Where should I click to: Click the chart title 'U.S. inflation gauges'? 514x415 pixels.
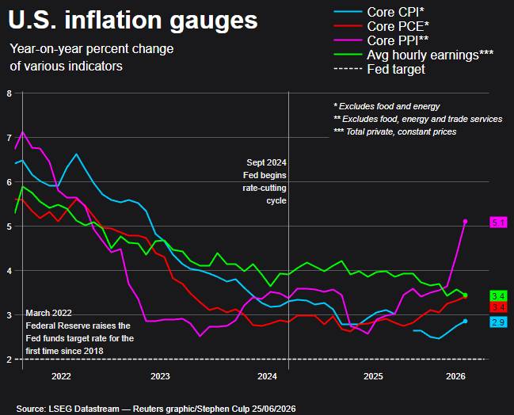tap(133, 21)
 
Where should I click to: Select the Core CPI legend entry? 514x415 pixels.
tap(379, 12)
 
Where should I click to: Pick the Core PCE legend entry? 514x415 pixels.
tap(382, 26)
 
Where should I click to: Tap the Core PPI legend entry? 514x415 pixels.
tap(381, 40)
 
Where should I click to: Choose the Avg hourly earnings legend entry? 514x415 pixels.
tap(413, 55)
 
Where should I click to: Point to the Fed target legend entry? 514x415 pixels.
tap(379, 69)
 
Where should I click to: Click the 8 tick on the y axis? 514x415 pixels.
tap(10, 93)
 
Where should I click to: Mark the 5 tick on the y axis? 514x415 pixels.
tap(10, 227)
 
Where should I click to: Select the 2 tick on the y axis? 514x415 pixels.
tap(10, 360)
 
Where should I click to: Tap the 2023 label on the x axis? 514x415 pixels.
tap(160, 376)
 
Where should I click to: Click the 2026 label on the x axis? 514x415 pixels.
tap(455, 376)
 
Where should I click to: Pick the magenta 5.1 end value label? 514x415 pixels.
tap(498, 223)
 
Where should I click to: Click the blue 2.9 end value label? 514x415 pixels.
tap(498, 322)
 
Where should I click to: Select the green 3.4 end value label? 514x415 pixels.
tap(498, 296)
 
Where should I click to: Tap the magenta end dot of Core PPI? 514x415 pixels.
tap(465, 222)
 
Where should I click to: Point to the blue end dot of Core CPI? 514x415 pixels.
tap(465, 322)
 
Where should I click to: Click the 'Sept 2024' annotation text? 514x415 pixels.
tap(267, 162)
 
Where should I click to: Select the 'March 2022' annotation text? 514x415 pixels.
tap(49, 313)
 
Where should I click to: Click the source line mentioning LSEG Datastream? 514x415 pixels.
tap(156, 409)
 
